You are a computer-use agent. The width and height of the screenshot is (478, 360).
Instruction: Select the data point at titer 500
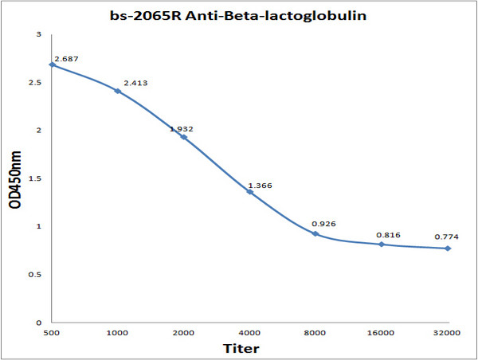(x=52, y=65)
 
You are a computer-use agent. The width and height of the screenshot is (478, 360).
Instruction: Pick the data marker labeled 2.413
(x=118, y=91)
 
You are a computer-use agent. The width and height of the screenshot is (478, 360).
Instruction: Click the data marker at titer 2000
(x=184, y=137)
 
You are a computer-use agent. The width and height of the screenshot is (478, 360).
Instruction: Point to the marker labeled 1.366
(x=249, y=191)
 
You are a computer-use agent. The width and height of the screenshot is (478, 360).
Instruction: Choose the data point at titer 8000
(x=315, y=233)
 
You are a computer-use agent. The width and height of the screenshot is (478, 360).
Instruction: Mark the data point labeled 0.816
(x=382, y=244)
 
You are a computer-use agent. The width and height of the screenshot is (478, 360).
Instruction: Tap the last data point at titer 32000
(x=448, y=248)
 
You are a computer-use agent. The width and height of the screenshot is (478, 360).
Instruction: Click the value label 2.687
(x=65, y=59)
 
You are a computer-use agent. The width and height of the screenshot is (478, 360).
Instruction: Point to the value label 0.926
(x=323, y=223)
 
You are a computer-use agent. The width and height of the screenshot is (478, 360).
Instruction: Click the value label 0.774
(x=447, y=237)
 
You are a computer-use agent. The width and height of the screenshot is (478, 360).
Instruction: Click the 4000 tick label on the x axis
(x=249, y=332)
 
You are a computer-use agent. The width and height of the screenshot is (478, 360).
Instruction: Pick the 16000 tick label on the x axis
(x=382, y=332)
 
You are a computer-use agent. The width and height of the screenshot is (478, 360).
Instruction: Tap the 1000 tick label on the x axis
(x=118, y=332)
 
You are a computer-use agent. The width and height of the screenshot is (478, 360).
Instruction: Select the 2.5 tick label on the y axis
(x=37, y=82)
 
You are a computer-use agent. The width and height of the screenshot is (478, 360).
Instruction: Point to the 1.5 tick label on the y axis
(x=37, y=178)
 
